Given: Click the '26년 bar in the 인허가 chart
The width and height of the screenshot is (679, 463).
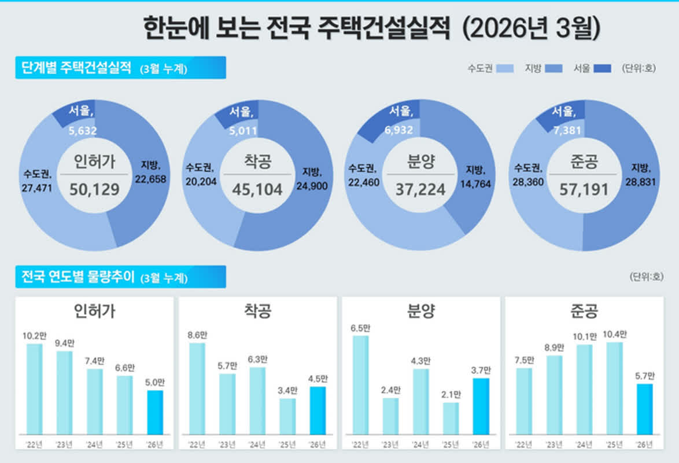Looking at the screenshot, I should [155, 412].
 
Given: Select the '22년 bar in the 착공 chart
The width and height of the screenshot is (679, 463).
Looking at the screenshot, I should [197, 388].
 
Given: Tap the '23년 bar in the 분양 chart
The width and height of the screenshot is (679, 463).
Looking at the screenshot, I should [390, 416].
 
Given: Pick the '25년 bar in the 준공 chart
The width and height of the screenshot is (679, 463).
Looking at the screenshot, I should [614, 388].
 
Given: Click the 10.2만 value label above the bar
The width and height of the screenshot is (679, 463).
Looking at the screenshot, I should [34, 335].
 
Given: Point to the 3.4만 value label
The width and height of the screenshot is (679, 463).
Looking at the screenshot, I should [287, 389].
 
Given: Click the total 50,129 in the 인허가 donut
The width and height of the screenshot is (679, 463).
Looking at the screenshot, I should [94, 189].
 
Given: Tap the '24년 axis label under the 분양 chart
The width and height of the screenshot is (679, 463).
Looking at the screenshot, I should [420, 444].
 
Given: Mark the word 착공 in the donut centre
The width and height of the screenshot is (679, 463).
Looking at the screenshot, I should [257, 162].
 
